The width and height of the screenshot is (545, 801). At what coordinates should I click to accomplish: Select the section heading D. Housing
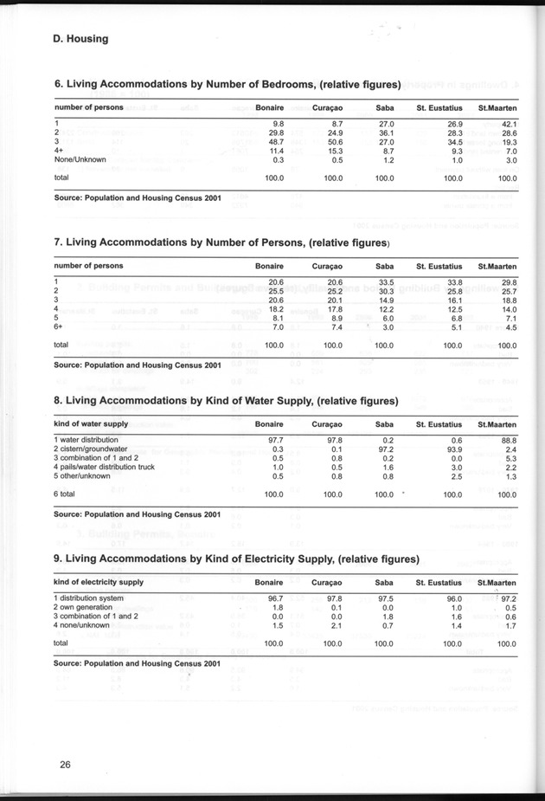(x=80, y=38)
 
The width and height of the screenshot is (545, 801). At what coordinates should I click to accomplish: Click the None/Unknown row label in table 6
(x=80, y=159)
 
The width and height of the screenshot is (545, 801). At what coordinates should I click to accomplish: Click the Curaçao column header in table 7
(x=329, y=266)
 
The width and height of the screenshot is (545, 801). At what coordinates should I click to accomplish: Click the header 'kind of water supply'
(x=91, y=424)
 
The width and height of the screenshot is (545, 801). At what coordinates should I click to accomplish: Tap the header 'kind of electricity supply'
(x=99, y=582)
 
